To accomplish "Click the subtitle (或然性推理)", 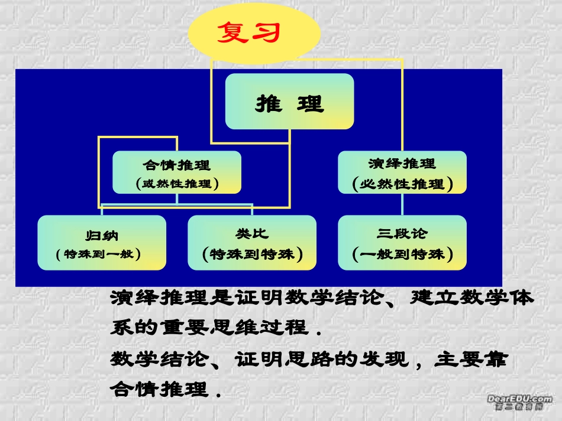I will [177, 184].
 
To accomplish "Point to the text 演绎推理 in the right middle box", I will [402, 164].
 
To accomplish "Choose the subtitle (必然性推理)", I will [402, 184].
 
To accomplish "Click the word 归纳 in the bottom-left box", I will [102, 235].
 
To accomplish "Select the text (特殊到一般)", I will [102, 254].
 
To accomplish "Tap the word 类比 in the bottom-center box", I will [251, 234].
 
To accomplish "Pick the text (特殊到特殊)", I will [252, 254].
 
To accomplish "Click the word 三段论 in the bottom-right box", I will [402, 234].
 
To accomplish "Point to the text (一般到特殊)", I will [402, 254].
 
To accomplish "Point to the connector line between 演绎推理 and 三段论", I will [402, 204].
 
